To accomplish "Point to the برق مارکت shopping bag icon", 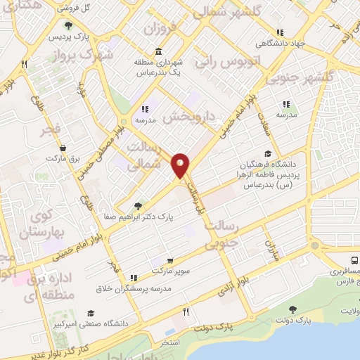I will point(64,148).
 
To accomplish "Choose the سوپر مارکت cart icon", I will point(169,261).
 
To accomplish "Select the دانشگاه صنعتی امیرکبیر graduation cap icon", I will point(89,314).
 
